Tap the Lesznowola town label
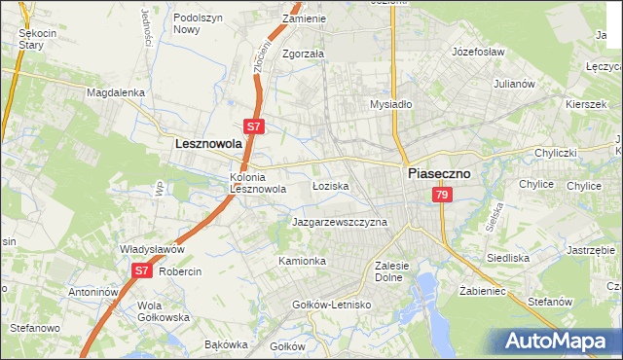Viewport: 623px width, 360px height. [x=207, y=143]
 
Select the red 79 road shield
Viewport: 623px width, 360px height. [x=442, y=196]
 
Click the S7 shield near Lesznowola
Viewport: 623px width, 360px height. [x=253, y=126]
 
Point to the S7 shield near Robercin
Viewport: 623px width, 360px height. [x=142, y=271]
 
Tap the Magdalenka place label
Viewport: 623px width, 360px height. [x=115, y=92]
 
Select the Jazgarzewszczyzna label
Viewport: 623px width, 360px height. [x=340, y=222]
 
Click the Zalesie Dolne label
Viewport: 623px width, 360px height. [x=395, y=270]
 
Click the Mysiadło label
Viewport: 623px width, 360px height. [x=392, y=103]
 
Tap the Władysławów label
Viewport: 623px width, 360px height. [x=152, y=249]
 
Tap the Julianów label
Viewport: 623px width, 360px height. [x=515, y=84]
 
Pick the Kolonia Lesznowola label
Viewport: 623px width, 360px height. [x=258, y=183]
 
